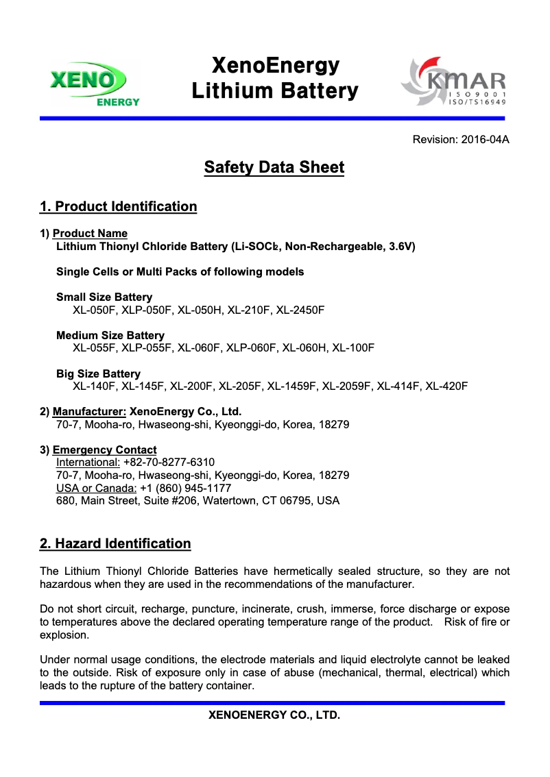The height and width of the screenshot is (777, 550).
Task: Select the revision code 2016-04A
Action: [485, 140]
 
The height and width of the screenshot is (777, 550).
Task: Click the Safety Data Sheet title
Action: [274, 167]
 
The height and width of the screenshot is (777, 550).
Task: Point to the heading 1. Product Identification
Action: [119, 207]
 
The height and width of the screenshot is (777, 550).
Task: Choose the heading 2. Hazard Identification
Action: [115, 544]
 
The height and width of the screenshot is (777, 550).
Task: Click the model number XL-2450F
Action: [300, 310]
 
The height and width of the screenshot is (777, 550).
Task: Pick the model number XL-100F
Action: [353, 348]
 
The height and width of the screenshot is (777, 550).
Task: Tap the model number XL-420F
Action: [446, 386]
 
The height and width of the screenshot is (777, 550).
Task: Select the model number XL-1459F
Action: [291, 386]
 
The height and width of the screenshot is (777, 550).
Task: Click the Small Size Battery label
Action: [104, 297]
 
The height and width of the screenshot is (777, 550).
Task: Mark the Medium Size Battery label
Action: [110, 336]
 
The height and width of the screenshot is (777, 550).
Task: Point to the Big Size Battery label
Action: [98, 374]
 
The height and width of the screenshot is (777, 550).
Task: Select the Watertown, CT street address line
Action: [198, 501]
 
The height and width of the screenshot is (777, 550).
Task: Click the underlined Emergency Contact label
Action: [104, 450]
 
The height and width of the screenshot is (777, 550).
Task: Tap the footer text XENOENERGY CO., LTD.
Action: [274, 715]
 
